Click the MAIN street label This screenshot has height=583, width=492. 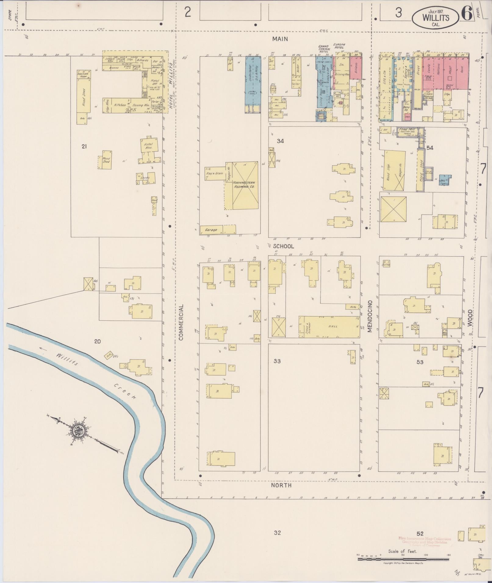tap(280, 39)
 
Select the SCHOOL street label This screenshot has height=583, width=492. tap(283, 246)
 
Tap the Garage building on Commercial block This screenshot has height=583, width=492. tap(211, 230)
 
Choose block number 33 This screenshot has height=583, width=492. tap(277, 361)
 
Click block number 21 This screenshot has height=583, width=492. tap(84, 146)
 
